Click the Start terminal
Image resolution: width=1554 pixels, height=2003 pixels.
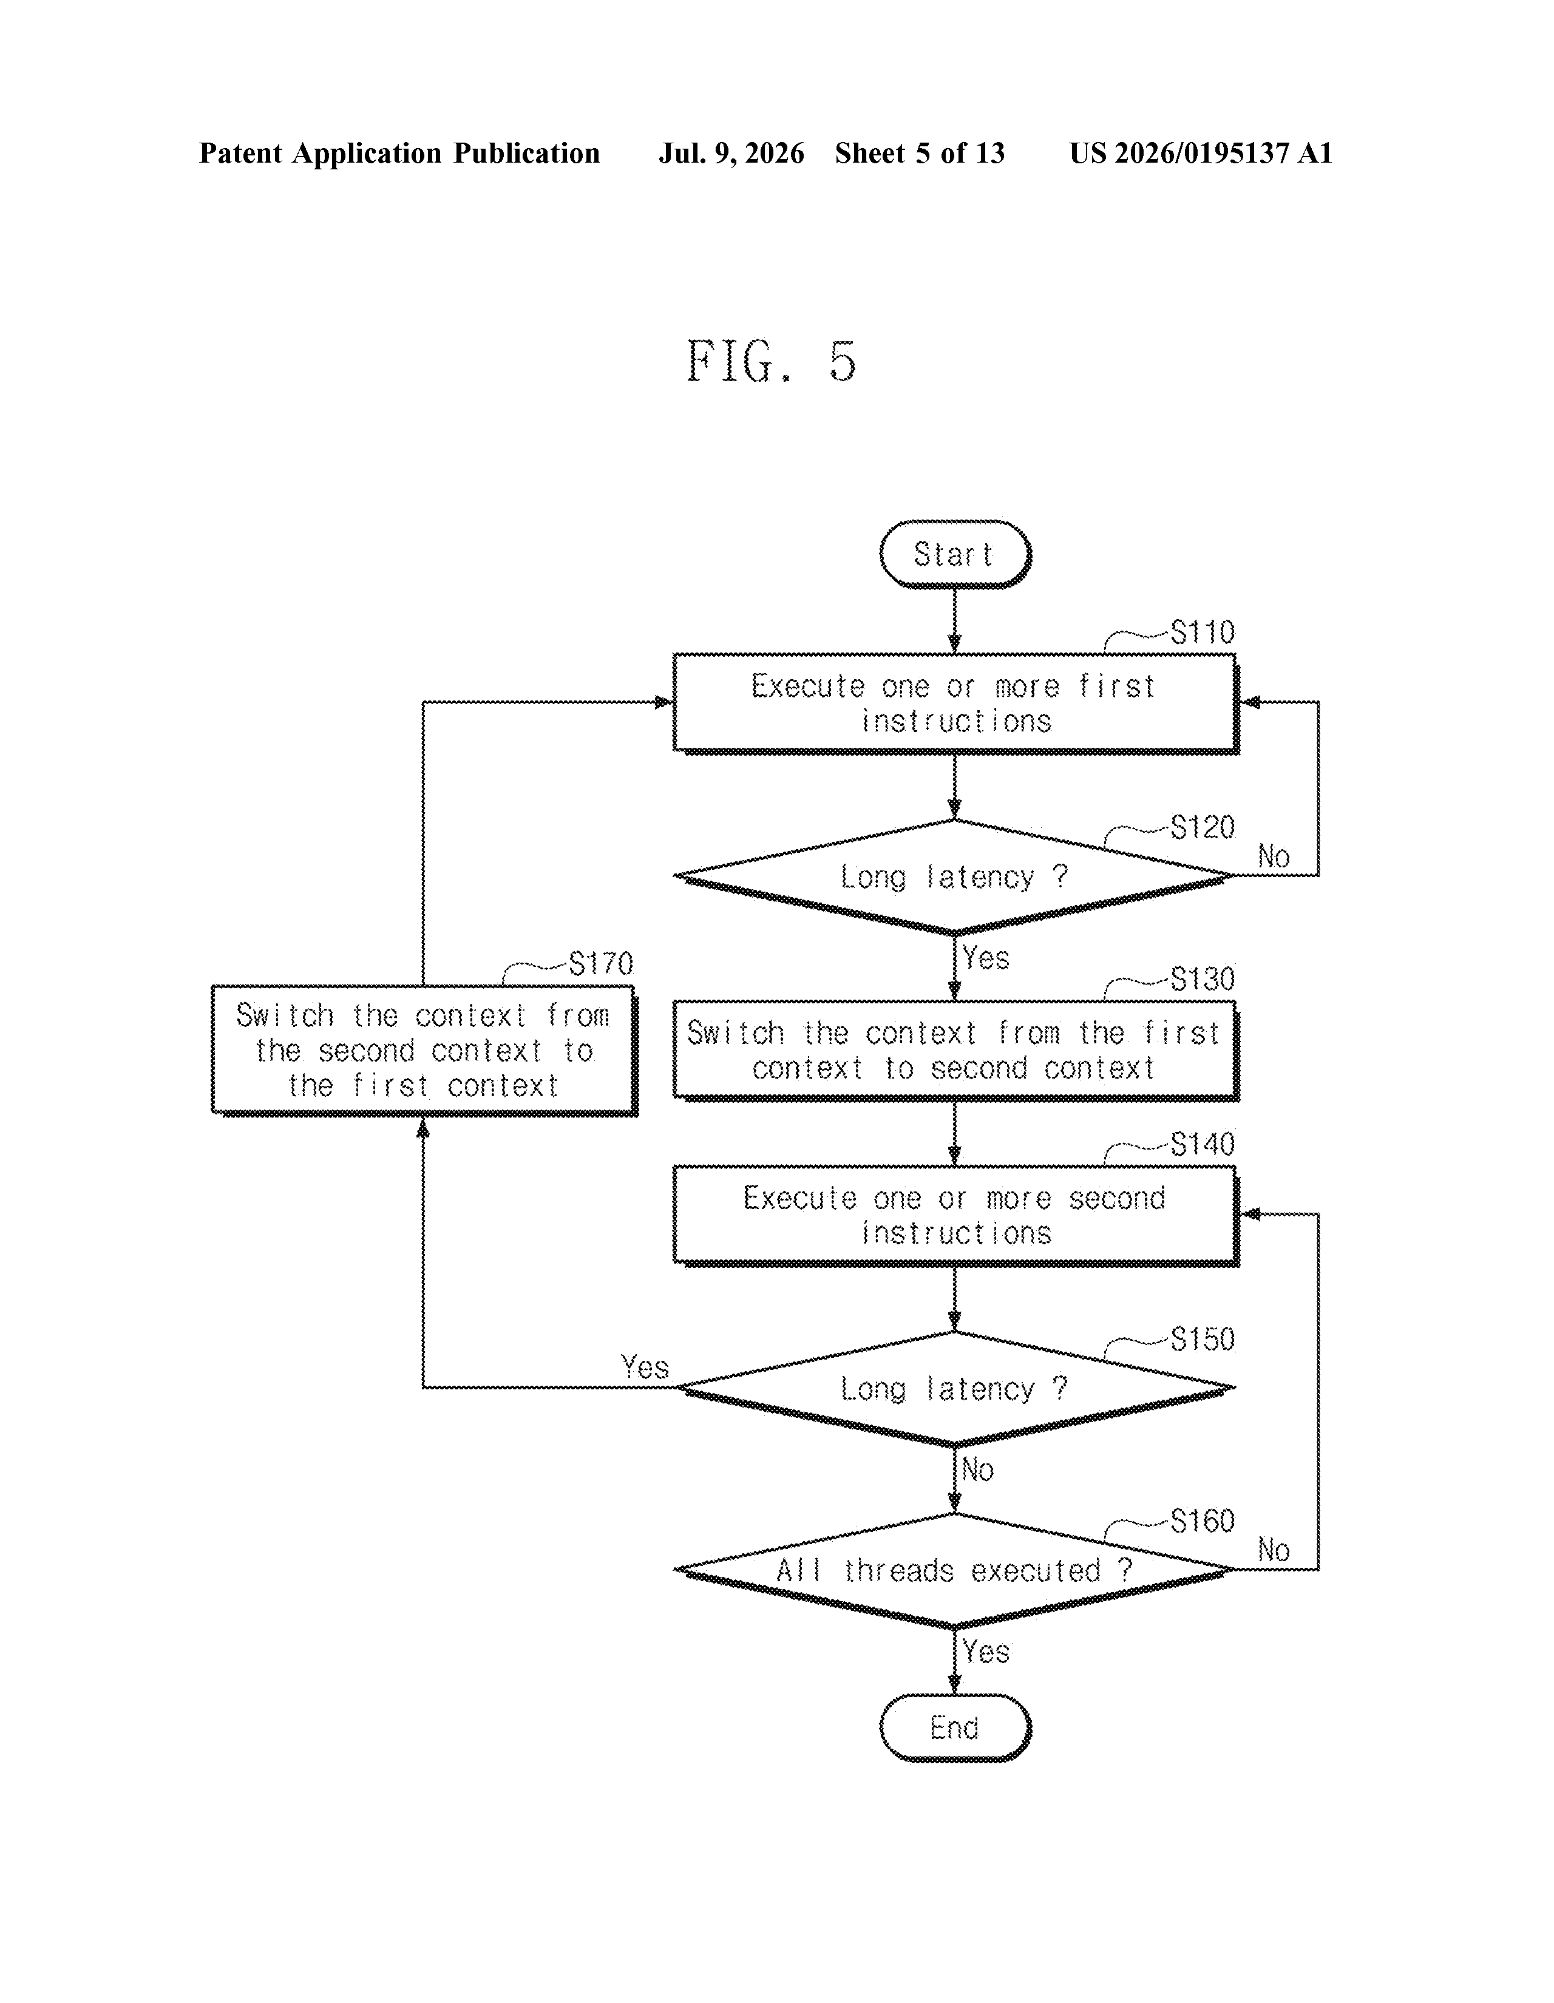pyautogui.click(x=955, y=555)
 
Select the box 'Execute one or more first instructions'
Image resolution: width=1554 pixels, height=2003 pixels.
pyautogui.click(x=955, y=703)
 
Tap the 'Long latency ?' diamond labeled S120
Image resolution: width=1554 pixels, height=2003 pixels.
pyautogui.click(x=954, y=877)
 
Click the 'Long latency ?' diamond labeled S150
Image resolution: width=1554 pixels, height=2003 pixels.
pyautogui.click(x=954, y=1389)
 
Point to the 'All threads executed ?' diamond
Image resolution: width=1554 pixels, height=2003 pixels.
pyautogui.click(x=954, y=1570)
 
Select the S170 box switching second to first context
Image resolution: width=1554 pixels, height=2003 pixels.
pyautogui.click(x=424, y=1051)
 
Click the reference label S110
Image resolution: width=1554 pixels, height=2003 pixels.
pyautogui.click(x=1202, y=633)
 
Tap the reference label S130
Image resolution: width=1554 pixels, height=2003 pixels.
pyautogui.click(x=1202, y=980)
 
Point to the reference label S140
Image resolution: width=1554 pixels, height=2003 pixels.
pyautogui.click(x=1202, y=1145)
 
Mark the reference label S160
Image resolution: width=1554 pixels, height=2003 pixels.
pyautogui.click(x=1202, y=1522)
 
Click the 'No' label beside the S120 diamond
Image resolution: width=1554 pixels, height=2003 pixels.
pyautogui.click(x=1274, y=858)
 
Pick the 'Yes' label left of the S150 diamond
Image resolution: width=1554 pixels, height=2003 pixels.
pyautogui.click(x=645, y=1368)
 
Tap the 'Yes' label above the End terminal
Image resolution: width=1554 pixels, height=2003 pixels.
pyautogui.click(x=986, y=1653)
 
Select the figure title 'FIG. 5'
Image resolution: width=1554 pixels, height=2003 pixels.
pyautogui.click(x=772, y=361)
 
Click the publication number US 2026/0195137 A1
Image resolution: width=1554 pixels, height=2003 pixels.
pyautogui.click(x=1201, y=153)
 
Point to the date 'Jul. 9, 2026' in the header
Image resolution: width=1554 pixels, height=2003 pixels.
pyautogui.click(x=731, y=153)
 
